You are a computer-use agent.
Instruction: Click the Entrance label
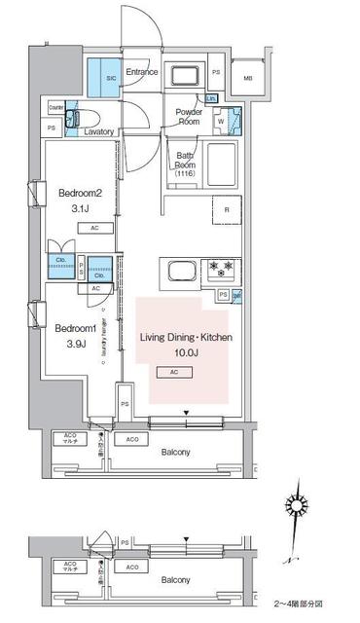[141, 72]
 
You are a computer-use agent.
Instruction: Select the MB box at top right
[248, 79]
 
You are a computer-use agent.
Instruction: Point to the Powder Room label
[188, 116]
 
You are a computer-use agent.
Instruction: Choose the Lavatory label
[100, 131]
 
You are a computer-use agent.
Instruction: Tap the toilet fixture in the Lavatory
[72, 121]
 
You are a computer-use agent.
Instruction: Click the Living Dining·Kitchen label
[186, 337]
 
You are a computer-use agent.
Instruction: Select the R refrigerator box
[226, 209]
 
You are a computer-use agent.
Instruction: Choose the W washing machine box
[220, 122]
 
